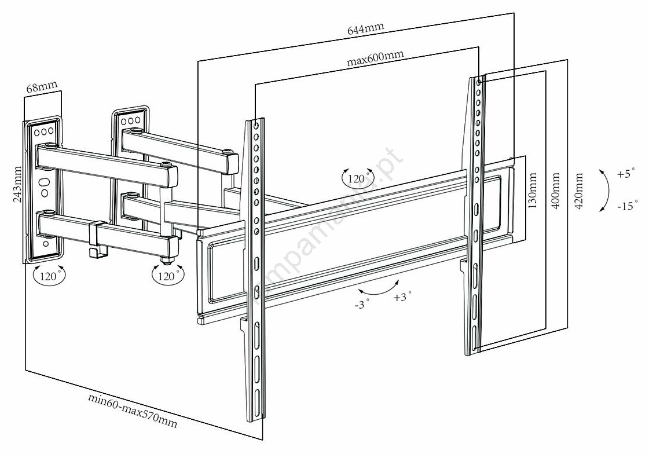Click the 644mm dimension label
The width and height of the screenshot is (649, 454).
pos(365,28)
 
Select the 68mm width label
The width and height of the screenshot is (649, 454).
pos(42,88)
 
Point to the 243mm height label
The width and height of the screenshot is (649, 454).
pos(18,185)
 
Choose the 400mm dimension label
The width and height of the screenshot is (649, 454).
pos(556,191)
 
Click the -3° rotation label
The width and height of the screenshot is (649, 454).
pos(362,305)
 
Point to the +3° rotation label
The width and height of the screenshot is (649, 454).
pos(402,298)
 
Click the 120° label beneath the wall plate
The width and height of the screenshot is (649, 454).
pos(49,276)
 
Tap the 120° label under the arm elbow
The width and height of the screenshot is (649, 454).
pos(166,276)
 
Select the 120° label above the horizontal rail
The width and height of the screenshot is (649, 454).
pos(357,178)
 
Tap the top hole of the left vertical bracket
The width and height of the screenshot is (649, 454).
pos(255,125)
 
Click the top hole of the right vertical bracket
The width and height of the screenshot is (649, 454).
pos(478,82)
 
